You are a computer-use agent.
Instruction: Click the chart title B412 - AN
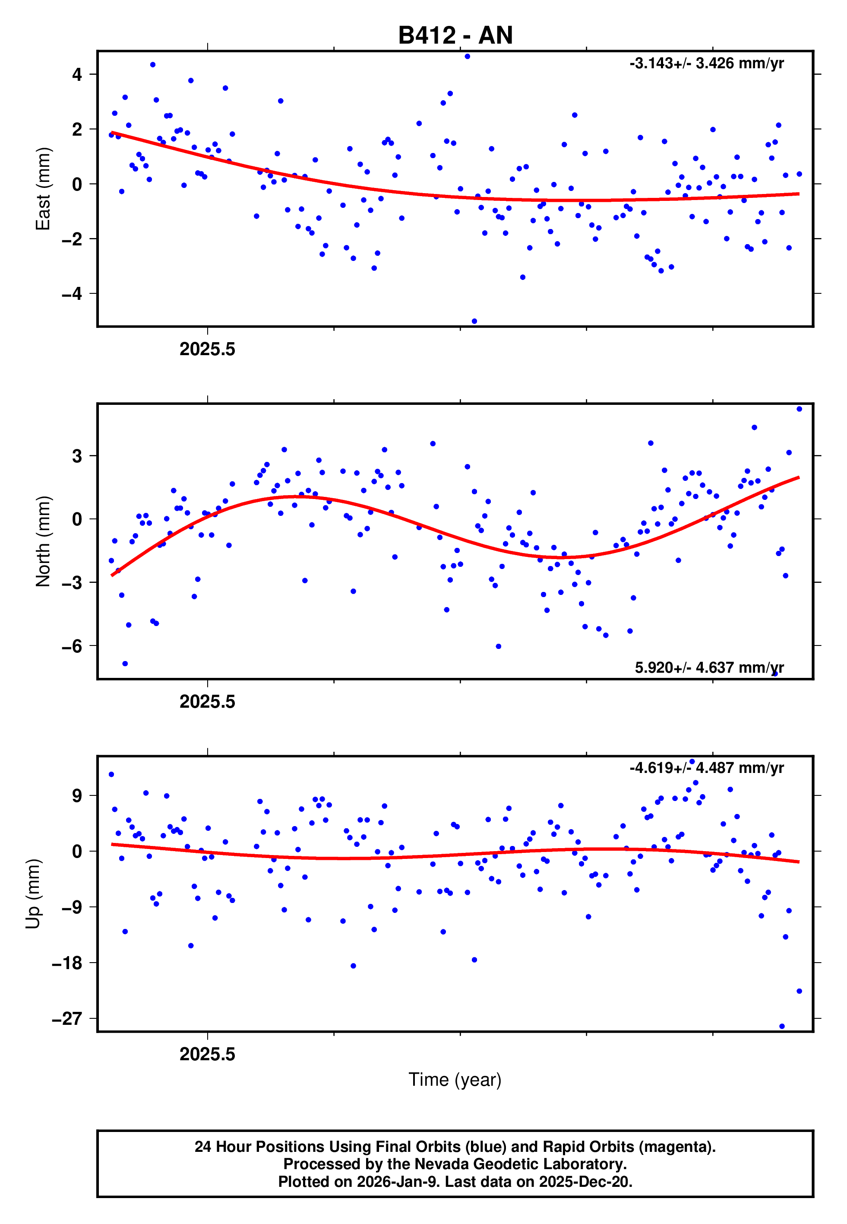coord(455,35)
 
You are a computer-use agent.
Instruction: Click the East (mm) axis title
coord(43,188)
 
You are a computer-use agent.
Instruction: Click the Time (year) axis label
coord(455,1080)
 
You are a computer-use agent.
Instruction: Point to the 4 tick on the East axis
coord(77,74)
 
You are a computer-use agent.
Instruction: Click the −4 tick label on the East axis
coord(72,294)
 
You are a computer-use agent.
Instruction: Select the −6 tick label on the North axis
coord(72,646)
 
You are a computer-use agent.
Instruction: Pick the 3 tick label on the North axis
coord(77,456)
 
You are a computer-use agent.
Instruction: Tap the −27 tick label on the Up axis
coord(67,1018)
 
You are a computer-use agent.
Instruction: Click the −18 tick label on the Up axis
coord(67,963)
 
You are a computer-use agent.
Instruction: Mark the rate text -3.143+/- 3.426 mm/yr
coord(706,64)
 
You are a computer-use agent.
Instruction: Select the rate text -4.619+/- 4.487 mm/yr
coord(706,768)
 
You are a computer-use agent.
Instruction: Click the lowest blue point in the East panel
coord(474,321)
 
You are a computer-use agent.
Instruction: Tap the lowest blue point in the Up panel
coord(782,1027)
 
